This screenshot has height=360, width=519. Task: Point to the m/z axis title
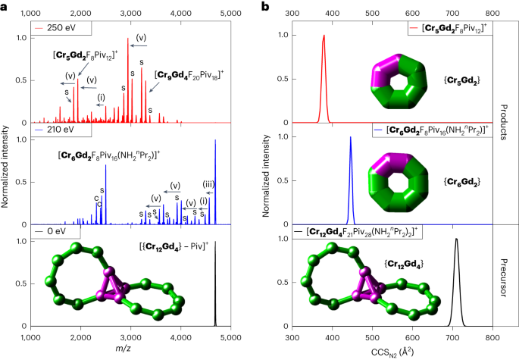pos(130,349)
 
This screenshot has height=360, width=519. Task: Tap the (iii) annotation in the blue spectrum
pos(208,182)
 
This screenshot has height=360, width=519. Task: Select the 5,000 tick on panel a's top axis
pos(230,13)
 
